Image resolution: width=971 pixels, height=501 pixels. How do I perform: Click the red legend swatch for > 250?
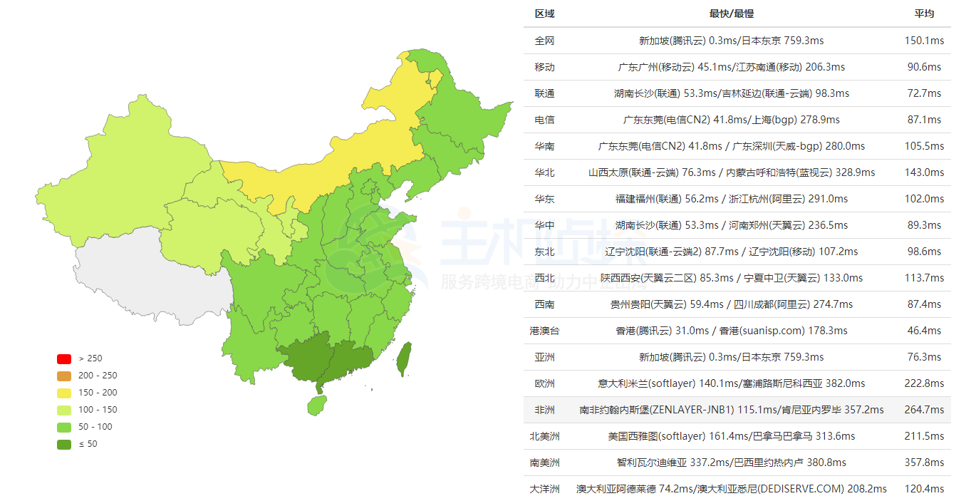64,358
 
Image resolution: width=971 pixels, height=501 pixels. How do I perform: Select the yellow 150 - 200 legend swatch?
64,393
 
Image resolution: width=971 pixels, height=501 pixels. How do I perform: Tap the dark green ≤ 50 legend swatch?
64,444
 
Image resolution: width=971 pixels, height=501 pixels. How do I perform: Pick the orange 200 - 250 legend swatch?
64,376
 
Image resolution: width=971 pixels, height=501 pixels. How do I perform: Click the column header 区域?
544,14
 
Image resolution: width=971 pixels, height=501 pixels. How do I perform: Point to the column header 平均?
924,14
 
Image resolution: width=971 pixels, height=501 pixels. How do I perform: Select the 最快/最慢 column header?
731,14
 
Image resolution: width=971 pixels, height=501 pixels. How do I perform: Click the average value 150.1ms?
924,41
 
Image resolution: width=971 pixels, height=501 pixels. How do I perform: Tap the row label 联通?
544,93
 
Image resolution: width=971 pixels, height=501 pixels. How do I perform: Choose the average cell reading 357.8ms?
924,463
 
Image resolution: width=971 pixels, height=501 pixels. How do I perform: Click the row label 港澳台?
544,331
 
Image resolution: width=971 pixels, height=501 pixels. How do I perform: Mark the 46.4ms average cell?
924,331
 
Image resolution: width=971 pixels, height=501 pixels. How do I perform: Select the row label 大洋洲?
544,489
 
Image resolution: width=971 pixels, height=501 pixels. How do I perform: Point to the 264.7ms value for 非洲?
924,410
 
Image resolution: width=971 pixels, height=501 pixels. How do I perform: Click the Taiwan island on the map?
403,358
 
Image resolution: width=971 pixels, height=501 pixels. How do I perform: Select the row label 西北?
544,278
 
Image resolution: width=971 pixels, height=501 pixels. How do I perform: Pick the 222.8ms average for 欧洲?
924,383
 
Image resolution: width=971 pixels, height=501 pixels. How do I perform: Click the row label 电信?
544,120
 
